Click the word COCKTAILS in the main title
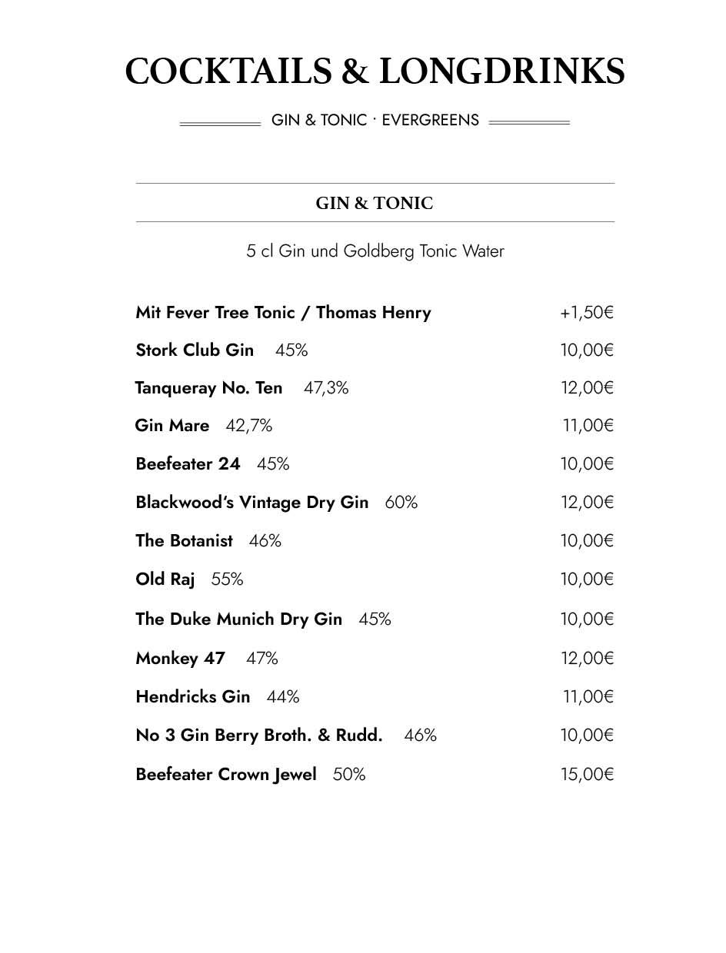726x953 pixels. [x=228, y=71]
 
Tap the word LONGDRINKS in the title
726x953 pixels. [x=501, y=71]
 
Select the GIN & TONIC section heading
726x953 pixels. [x=375, y=203]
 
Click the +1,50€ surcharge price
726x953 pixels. [x=587, y=313]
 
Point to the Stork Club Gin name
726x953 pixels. [x=195, y=350]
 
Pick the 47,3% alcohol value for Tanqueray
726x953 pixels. [x=326, y=388]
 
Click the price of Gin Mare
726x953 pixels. [x=588, y=426]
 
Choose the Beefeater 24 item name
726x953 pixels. [x=188, y=464]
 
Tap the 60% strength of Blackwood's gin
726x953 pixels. [x=401, y=503]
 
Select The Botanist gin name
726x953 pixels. [x=184, y=541]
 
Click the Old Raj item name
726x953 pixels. [x=165, y=579]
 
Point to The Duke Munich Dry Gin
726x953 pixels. [x=238, y=619]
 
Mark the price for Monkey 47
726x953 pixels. [x=587, y=659]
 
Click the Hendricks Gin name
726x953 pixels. [x=193, y=697]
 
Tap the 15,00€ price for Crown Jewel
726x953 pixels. [x=587, y=775]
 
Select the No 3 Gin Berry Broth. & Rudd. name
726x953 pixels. [x=258, y=736]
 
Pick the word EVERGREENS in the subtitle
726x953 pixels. [x=431, y=120]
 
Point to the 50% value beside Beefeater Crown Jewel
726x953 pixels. [x=349, y=775]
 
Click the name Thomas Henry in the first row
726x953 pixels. [x=373, y=313]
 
